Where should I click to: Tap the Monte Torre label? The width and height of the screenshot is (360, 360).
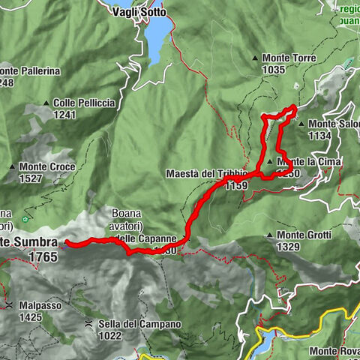[x=289, y=58]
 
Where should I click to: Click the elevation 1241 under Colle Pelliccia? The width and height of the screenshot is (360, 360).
[x=66, y=115]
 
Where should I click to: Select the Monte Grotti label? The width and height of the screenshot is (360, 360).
[x=303, y=235]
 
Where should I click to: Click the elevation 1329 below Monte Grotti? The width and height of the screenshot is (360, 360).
[x=289, y=247]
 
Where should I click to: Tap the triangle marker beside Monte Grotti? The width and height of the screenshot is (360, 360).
[x=269, y=236]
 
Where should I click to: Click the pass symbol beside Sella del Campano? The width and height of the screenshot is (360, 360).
[x=88, y=324]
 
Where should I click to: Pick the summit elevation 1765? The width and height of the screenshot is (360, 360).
[x=43, y=256]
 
